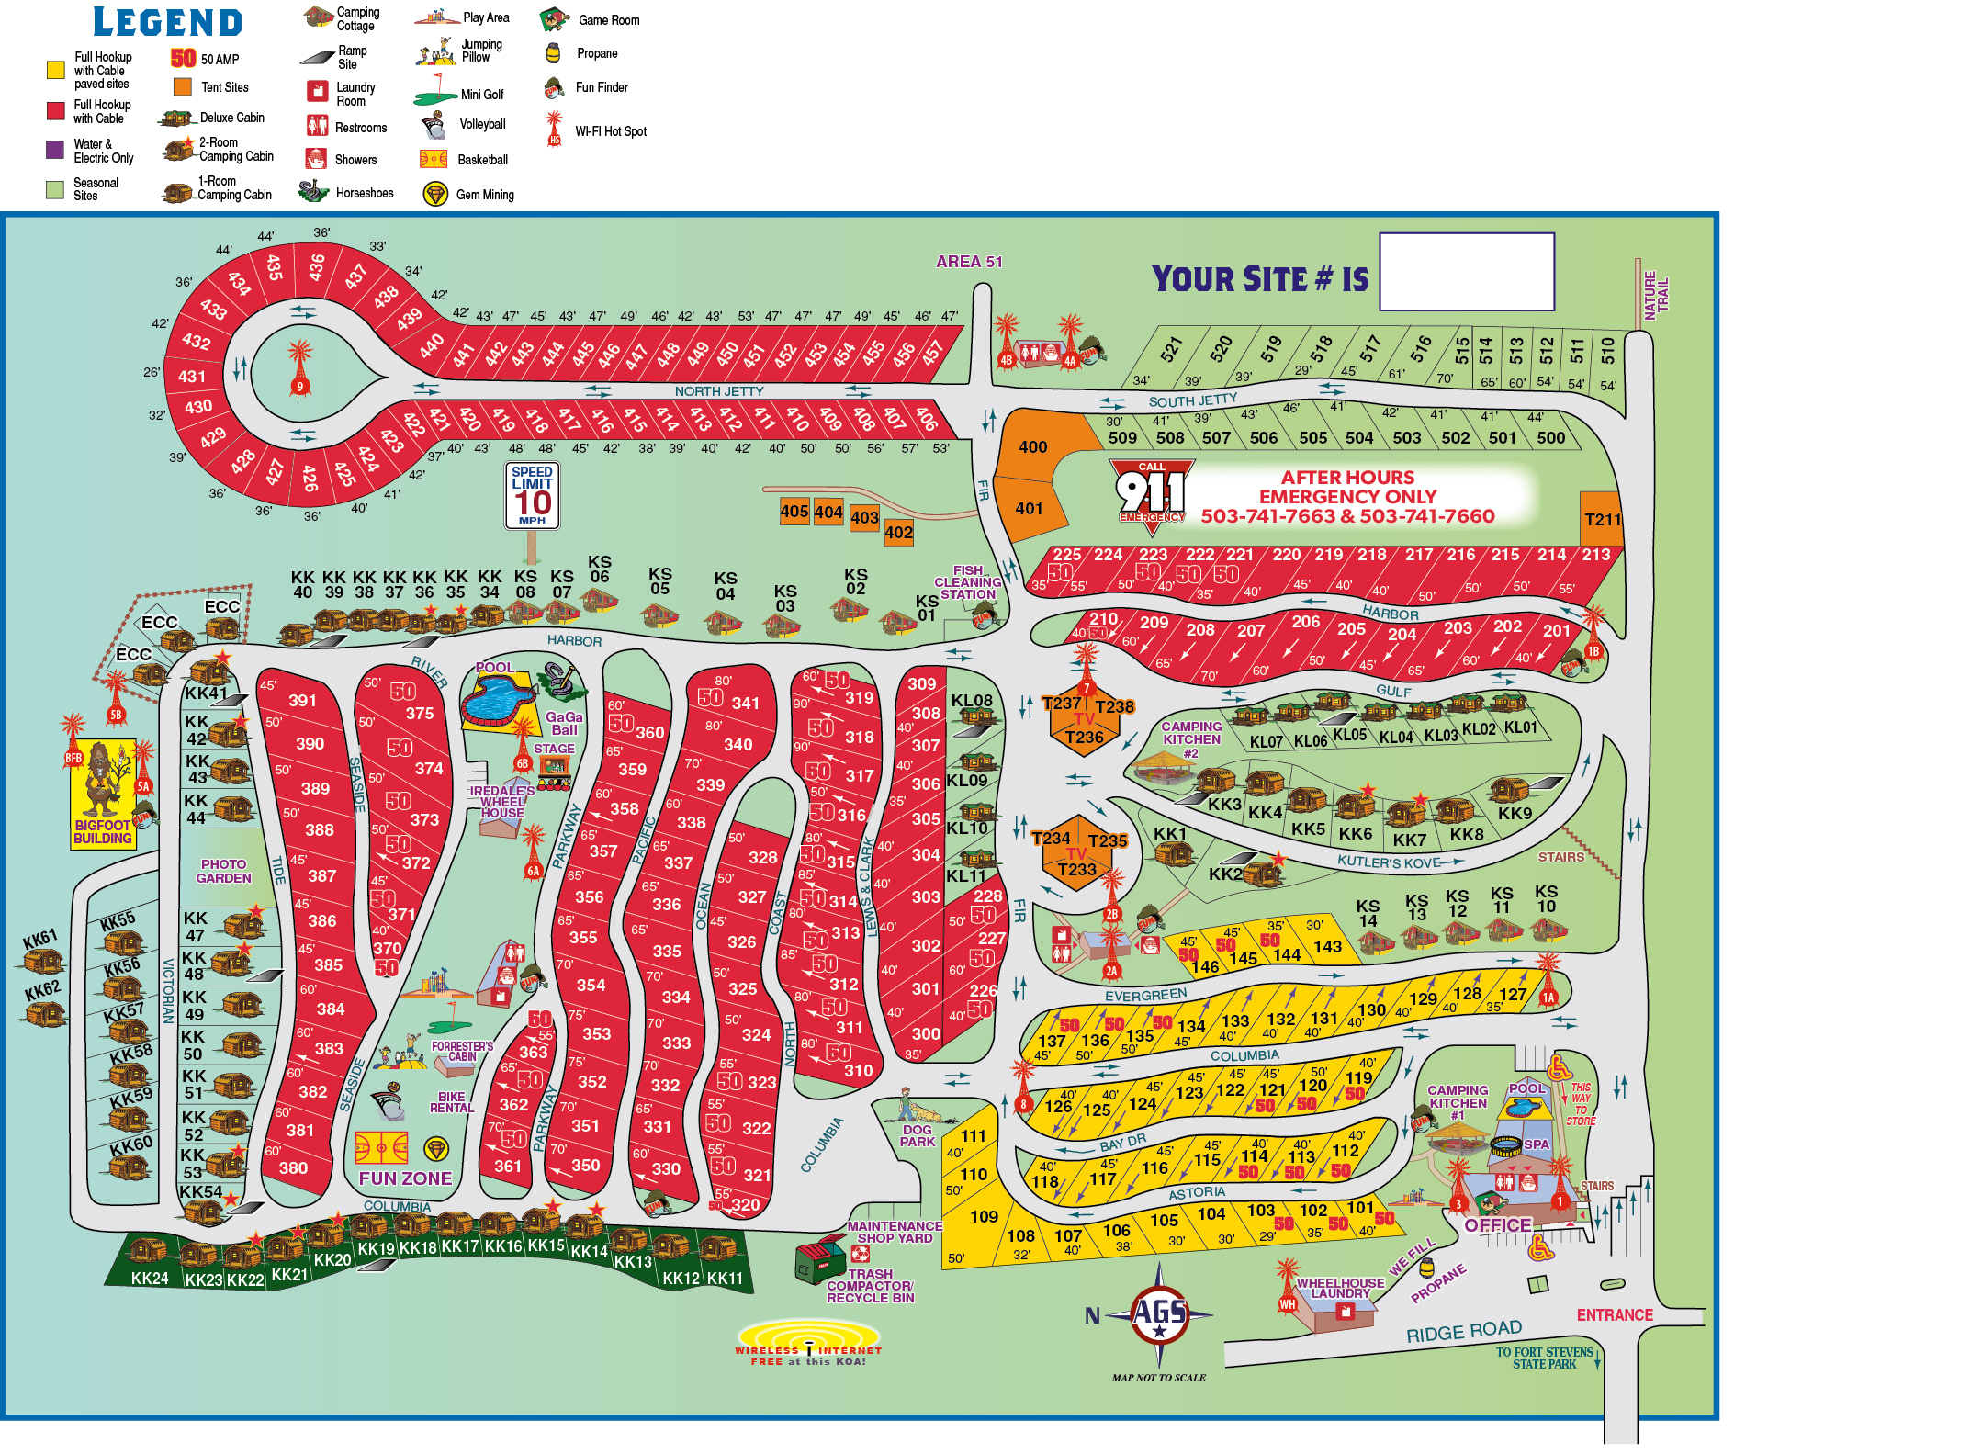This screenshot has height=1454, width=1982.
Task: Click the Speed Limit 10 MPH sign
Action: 532,495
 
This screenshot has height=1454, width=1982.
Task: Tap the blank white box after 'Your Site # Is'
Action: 1466,271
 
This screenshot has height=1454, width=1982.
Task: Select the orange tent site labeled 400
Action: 1034,446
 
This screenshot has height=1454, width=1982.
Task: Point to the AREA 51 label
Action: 969,262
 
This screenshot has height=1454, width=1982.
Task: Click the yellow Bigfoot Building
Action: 103,793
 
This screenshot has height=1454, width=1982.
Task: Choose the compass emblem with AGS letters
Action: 1159,1313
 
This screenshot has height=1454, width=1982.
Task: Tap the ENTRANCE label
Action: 1614,1315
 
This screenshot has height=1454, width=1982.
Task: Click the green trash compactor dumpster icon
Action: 819,1260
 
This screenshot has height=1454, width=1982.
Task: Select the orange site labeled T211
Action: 1602,519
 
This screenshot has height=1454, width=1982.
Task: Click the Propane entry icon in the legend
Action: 553,53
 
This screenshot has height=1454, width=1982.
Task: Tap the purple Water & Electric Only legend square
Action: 55,150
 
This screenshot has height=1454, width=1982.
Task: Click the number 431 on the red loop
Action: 192,376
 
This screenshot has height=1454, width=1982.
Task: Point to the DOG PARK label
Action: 917,1135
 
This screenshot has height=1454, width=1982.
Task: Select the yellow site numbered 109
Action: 984,1216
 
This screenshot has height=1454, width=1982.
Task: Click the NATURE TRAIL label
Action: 1656,296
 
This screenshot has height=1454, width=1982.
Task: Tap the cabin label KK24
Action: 150,1278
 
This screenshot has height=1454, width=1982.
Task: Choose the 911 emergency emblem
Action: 1151,491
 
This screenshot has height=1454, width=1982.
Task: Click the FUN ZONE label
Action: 405,1178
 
